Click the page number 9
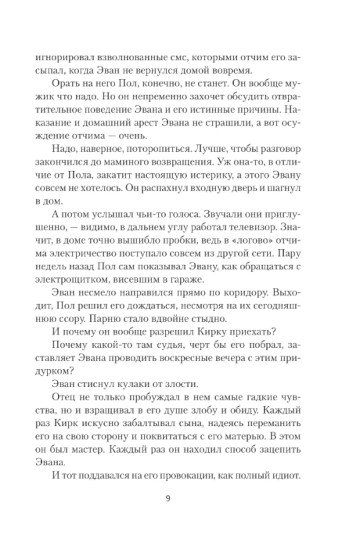point(169,499)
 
